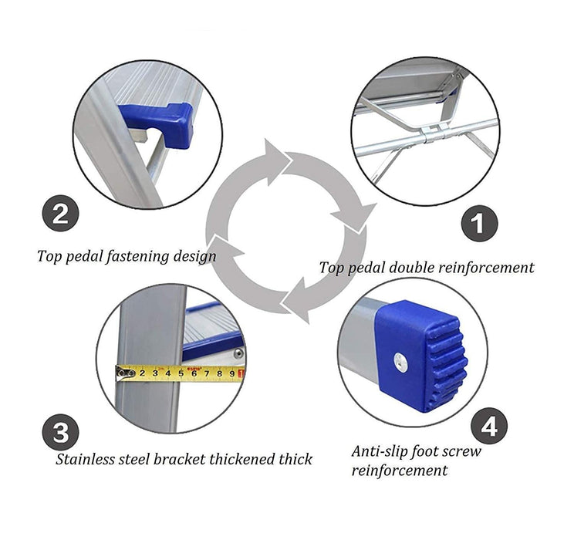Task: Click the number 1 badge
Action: point(479,223)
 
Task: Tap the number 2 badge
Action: point(60,213)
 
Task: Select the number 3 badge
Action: point(61,432)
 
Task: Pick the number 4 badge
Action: point(489,426)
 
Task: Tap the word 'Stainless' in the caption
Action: point(85,459)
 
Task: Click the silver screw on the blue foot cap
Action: point(400,362)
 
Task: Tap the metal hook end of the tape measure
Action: point(125,373)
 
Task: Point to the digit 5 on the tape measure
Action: point(181,374)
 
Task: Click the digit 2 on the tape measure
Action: point(142,374)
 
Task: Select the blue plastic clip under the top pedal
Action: point(160,123)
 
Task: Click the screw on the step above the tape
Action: point(238,353)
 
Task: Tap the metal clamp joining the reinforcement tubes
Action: point(434,133)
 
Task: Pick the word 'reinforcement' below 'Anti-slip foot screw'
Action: point(400,471)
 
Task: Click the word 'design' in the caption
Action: point(194,256)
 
